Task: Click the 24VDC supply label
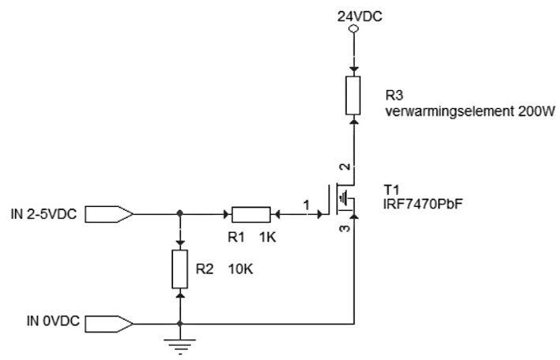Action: [359, 17]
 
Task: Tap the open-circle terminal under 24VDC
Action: [353, 29]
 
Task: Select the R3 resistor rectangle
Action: [353, 96]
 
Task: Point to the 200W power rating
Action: [537, 111]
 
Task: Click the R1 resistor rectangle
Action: [251, 215]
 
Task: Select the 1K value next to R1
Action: [268, 237]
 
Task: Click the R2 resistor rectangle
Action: [179, 269]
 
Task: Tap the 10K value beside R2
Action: [240, 269]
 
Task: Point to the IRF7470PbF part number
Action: [423, 204]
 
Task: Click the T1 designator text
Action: [391, 189]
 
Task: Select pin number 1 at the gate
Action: [306, 205]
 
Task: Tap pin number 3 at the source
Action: [345, 228]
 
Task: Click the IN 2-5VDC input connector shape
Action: [109, 214]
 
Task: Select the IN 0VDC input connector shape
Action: [109, 324]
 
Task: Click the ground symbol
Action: [179, 346]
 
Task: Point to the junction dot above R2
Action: [180, 213]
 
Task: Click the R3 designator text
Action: [394, 96]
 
